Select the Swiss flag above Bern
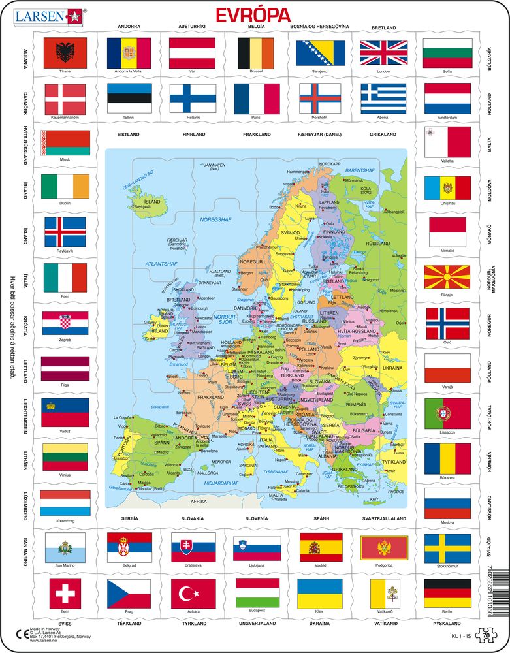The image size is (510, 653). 65,593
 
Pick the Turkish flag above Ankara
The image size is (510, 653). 193,593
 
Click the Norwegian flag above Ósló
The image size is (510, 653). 447,323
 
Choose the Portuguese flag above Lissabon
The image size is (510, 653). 447,413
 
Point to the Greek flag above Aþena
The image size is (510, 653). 384,99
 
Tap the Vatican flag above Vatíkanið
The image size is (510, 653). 384,593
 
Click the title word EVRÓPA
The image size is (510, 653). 255,14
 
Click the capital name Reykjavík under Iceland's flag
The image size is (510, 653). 65,251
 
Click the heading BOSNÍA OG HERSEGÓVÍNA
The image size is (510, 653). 320,27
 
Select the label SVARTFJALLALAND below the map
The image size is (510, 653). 384,518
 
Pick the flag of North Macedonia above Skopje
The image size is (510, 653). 447,278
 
